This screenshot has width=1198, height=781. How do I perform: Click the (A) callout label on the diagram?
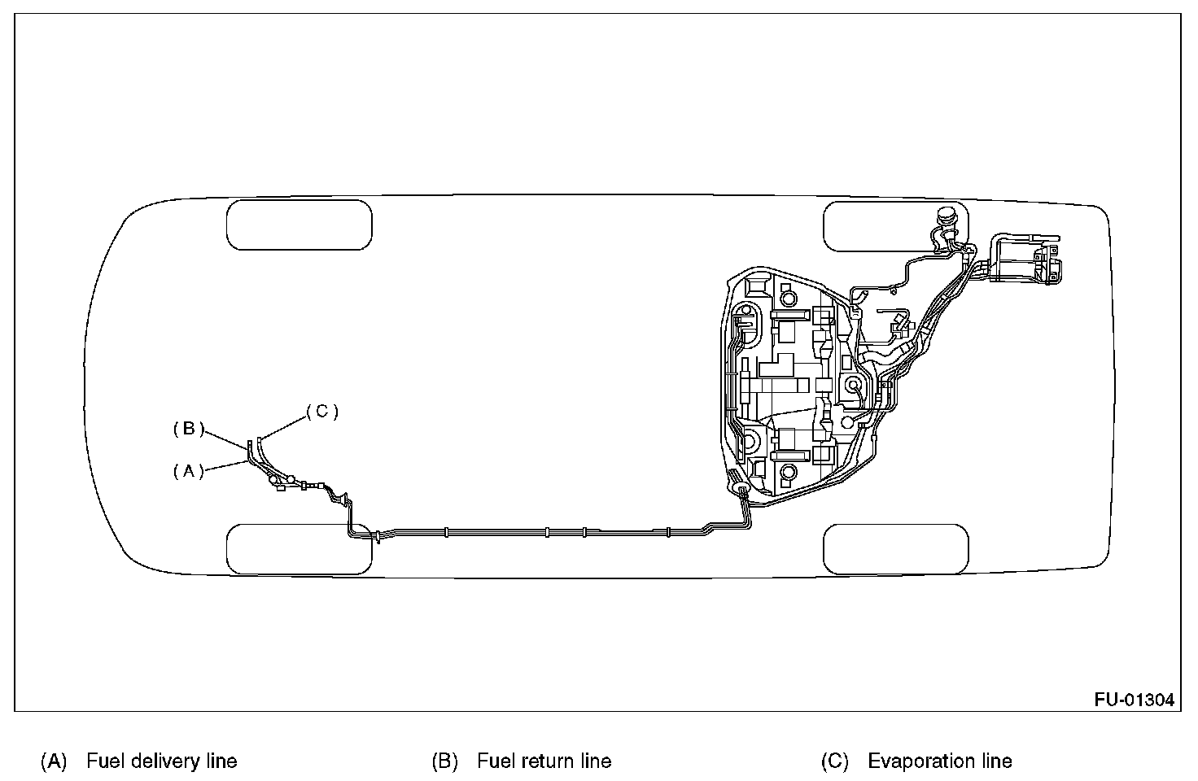(188, 471)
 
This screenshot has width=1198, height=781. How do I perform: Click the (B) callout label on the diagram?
(188, 429)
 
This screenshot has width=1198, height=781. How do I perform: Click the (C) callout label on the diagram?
(322, 412)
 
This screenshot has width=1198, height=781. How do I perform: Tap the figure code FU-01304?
(1134, 700)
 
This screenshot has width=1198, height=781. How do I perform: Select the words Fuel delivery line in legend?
(161, 761)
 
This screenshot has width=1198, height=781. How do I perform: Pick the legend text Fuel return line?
(544, 761)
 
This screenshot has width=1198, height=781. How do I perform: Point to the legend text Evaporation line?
(940, 761)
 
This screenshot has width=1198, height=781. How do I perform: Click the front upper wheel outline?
(299, 225)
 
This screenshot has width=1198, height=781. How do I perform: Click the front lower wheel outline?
(299, 549)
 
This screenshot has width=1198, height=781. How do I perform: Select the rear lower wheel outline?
(896, 549)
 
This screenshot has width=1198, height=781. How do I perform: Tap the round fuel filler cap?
(947, 217)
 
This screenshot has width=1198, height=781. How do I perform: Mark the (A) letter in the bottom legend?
(54, 761)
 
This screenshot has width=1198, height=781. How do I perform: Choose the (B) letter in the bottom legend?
(444, 761)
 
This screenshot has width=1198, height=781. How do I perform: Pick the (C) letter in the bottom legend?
(834, 761)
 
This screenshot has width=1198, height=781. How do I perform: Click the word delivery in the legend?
(162, 761)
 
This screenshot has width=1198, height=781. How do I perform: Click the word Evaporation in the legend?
(922, 761)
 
